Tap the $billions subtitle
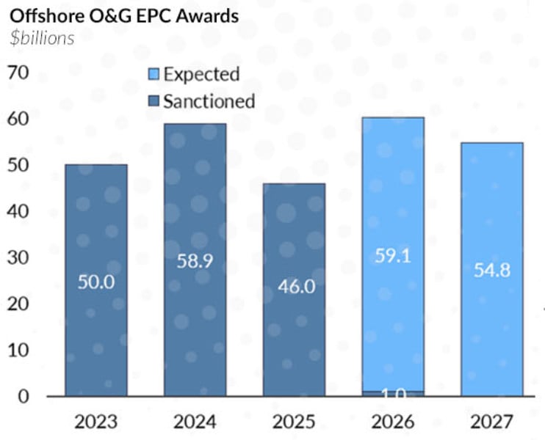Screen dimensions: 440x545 pyautogui.click(x=42, y=38)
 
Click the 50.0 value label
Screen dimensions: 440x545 pyautogui.click(x=96, y=281)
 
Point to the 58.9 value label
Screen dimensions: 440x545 pyautogui.click(x=195, y=260)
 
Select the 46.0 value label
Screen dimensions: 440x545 pyautogui.click(x=295, y=286)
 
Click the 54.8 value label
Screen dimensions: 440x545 pyautogui.click(x=493, y=270)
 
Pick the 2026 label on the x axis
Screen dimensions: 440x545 pyautogui.click(x=394, y=422)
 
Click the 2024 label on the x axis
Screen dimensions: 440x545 pyautogui.click(x=194, y=422)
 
